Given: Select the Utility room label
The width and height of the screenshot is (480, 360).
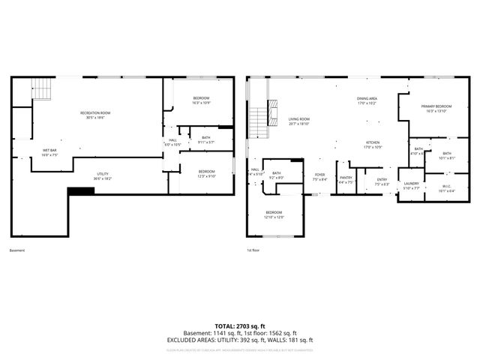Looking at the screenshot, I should [103, 176].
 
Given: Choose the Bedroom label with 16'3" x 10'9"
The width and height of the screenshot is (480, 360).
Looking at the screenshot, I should [201, 100].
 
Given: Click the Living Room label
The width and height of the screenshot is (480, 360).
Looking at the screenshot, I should [299, 121].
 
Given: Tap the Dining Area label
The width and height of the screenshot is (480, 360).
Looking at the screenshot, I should [366, 100].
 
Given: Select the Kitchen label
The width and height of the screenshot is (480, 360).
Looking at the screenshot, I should [373, 145].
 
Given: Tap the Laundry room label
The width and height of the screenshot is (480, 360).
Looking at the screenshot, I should [411, 185].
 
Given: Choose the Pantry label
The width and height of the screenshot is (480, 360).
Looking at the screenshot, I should [346, 179].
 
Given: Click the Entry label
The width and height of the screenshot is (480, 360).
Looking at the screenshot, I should [382, 181].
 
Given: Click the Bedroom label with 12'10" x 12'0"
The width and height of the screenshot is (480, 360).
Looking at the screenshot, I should [274, 215].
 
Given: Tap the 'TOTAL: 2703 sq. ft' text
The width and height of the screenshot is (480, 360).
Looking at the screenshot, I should [240, 326].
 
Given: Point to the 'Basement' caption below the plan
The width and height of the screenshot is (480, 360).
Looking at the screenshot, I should [17, 250].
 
